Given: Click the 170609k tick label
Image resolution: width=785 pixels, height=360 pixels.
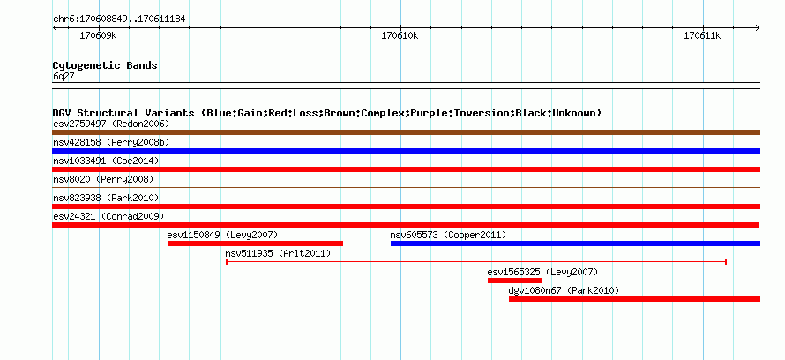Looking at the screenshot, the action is click(x=98, y=35).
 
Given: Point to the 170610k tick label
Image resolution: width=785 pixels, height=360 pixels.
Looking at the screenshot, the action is click(x=400, y=35).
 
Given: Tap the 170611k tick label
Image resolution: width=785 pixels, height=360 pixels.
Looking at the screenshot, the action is click(x=702, y=35).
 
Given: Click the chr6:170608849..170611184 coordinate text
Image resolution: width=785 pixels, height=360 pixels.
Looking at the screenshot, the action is click(x=119, y=19).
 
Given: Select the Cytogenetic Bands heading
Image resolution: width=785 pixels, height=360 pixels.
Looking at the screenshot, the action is click(x=105, y=65).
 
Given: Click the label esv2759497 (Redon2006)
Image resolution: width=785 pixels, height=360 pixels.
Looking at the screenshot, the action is click(x=111, y=124).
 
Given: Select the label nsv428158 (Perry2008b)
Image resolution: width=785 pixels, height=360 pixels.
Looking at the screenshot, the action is click(x=111, y=142).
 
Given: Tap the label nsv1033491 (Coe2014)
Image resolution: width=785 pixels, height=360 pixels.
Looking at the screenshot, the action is click(x=106, y=161).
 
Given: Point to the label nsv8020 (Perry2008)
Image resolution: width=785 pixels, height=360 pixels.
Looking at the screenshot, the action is click(x=103, y=179).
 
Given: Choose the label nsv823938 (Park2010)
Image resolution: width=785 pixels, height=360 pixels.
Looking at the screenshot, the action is click(x=106, y=198).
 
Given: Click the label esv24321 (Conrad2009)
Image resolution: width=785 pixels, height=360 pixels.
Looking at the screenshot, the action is click(x=108, y=216).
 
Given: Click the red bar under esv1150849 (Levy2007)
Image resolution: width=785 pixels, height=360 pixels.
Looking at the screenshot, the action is click(x=255, y=244).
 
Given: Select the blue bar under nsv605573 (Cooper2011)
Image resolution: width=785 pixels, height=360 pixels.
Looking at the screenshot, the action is click(x=575, y=244).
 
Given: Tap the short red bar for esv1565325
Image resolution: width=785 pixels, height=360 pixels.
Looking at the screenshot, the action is click(x=514, y=281).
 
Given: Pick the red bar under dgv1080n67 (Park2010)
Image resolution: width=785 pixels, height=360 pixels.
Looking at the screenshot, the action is click(x=634, y=299).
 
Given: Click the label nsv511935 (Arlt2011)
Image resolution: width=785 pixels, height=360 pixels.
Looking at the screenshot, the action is click(x=279, y=253).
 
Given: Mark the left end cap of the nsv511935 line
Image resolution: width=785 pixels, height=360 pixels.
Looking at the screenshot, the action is click(x=227, y=262).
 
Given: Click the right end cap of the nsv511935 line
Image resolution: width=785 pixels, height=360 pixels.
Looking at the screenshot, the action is click(x=726, y=262).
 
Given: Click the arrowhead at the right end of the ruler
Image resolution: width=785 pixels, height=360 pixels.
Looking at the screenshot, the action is click(x=758, y=28).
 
